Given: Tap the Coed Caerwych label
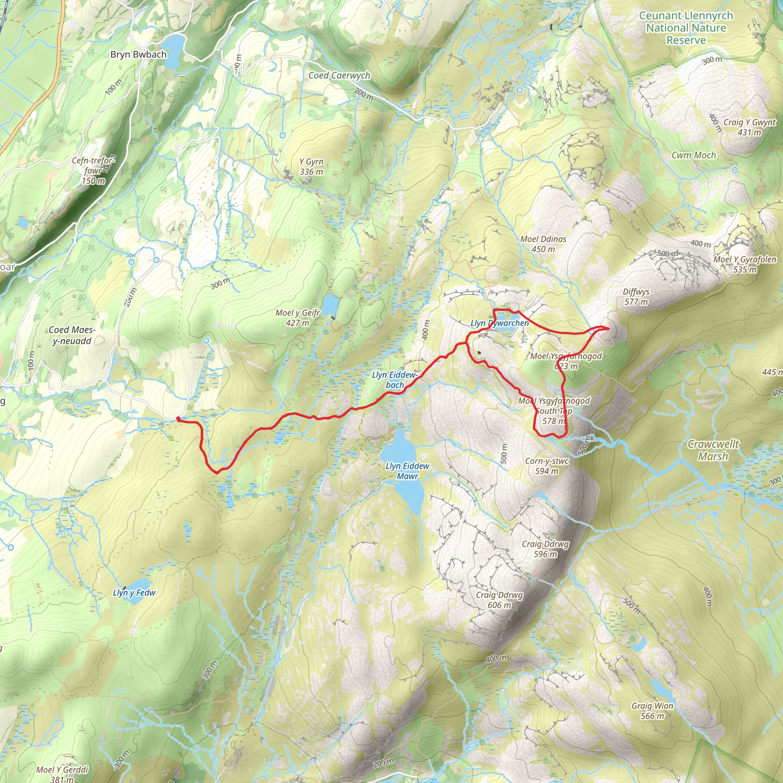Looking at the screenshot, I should coord(339,75).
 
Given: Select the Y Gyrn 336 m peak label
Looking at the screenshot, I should coord(311,167).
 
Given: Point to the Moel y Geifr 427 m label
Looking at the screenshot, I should coord(297,318).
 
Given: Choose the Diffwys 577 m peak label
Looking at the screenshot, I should coord(636,297).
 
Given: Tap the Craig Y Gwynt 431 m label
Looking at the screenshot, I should coord(749,127).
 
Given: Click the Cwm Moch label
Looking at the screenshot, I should coord(694,155).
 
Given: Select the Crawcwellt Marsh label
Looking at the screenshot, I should coord(713,450).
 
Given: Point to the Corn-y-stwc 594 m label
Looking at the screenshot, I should coord(547,466).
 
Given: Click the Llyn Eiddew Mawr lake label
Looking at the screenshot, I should coord(407,471).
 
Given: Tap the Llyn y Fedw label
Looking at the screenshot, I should coord(134,593).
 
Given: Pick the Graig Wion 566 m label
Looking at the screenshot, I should coord(652,711).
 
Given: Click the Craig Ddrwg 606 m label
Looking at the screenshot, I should coord(499,600).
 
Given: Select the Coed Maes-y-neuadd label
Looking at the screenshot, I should coord(72,336).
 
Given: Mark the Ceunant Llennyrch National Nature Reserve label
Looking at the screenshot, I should coord(686,28).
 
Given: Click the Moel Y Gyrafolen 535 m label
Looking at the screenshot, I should coord(744,264).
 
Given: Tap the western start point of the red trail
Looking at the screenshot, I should coord(178,419).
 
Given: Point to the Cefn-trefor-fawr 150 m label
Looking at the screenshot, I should coord(94,171).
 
